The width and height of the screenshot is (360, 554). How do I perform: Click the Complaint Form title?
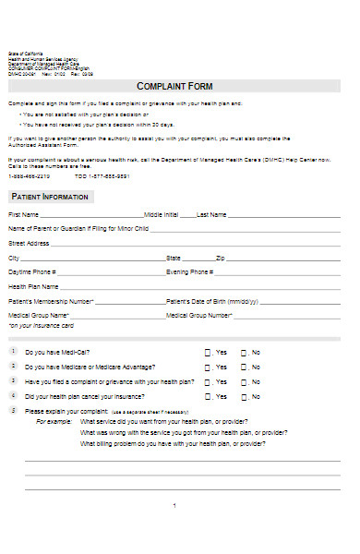pos(174,86)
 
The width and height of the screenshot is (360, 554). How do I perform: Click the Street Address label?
pos(29,243)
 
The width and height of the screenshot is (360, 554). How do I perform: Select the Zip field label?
pos(220,258)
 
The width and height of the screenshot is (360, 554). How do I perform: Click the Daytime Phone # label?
pos(32,272)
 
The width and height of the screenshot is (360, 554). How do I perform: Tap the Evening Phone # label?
pos(190,272)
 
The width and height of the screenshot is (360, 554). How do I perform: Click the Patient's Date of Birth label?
pos(209,301)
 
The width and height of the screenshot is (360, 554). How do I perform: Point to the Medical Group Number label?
pos(198,315)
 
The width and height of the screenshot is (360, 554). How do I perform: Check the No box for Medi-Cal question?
pos(244,353)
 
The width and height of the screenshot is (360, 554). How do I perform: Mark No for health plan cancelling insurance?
pos(244,397)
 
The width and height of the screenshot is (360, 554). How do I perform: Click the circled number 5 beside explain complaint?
pos(13,410)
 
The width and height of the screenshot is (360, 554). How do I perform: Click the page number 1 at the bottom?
pos(174,505)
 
